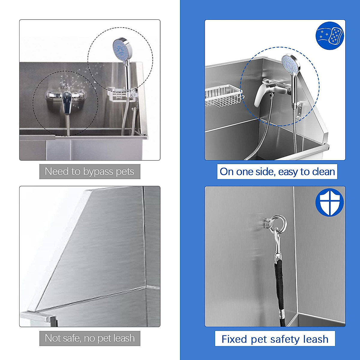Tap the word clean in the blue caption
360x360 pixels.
coord(323,172)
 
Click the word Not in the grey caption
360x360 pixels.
coord(53,338)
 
